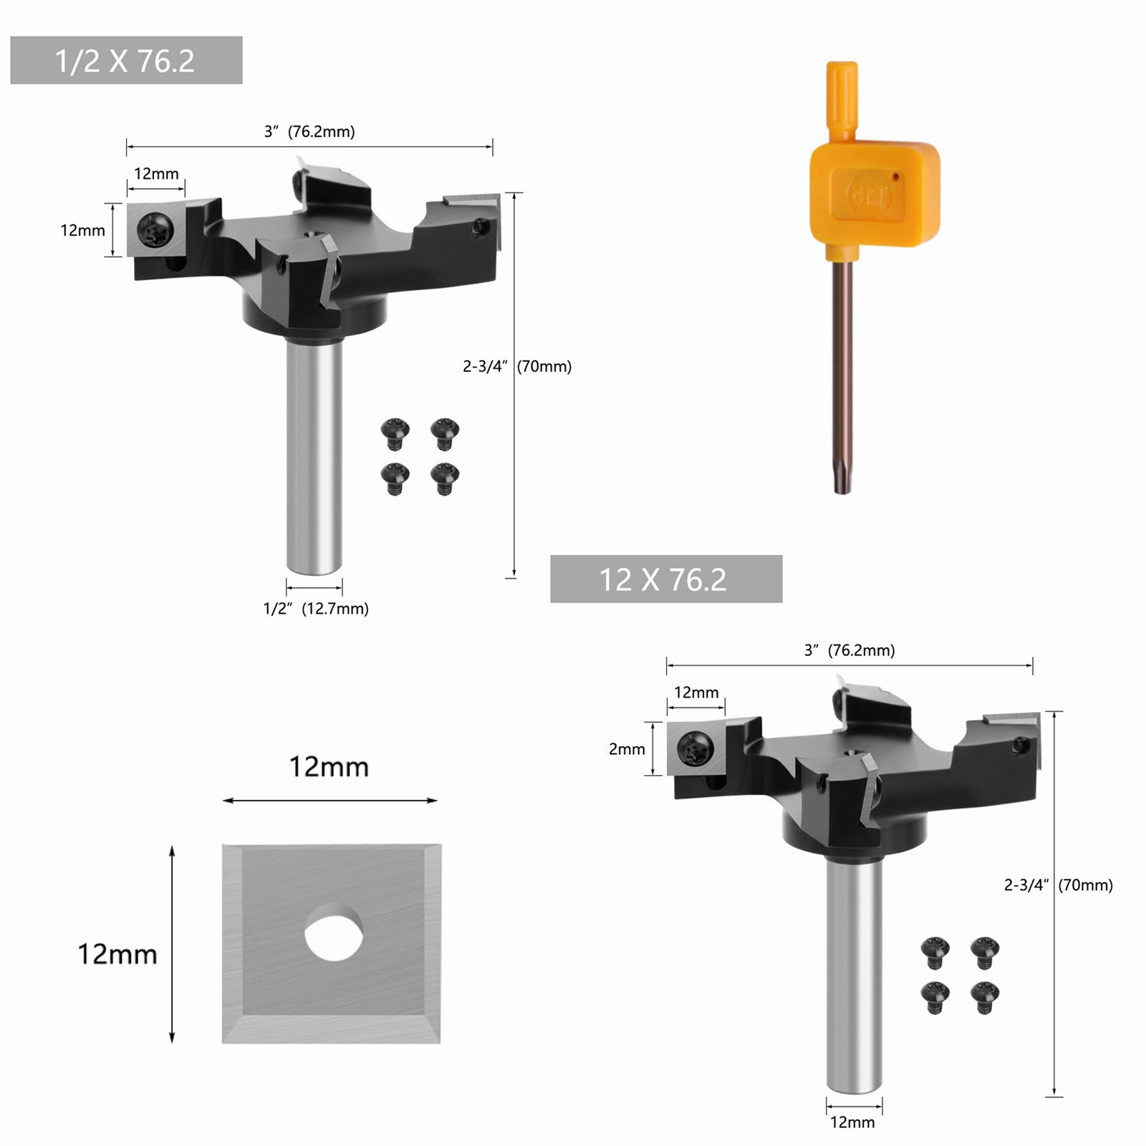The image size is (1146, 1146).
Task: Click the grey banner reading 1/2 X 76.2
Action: coord(126,61)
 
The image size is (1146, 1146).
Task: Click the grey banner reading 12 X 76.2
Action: coord(665,579)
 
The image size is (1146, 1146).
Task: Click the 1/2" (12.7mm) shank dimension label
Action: coord(316,609)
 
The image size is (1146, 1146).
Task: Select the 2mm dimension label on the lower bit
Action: coord(627,749)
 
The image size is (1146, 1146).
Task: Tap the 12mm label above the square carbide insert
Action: coord(329,767)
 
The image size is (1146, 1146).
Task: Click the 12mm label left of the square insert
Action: coord(117,954)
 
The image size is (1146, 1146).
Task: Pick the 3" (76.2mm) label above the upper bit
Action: coord(309,132)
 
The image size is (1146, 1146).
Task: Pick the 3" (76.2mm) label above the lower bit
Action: coord(849,650)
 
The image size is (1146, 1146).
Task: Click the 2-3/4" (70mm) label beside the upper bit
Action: coord(517,367)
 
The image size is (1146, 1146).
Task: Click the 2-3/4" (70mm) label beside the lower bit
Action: coord(1058,885)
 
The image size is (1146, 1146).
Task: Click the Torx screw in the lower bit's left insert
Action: coord(695,749)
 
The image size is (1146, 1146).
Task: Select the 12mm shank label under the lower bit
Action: coord(852,1122)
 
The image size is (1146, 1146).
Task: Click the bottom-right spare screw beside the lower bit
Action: coord(985,997)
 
